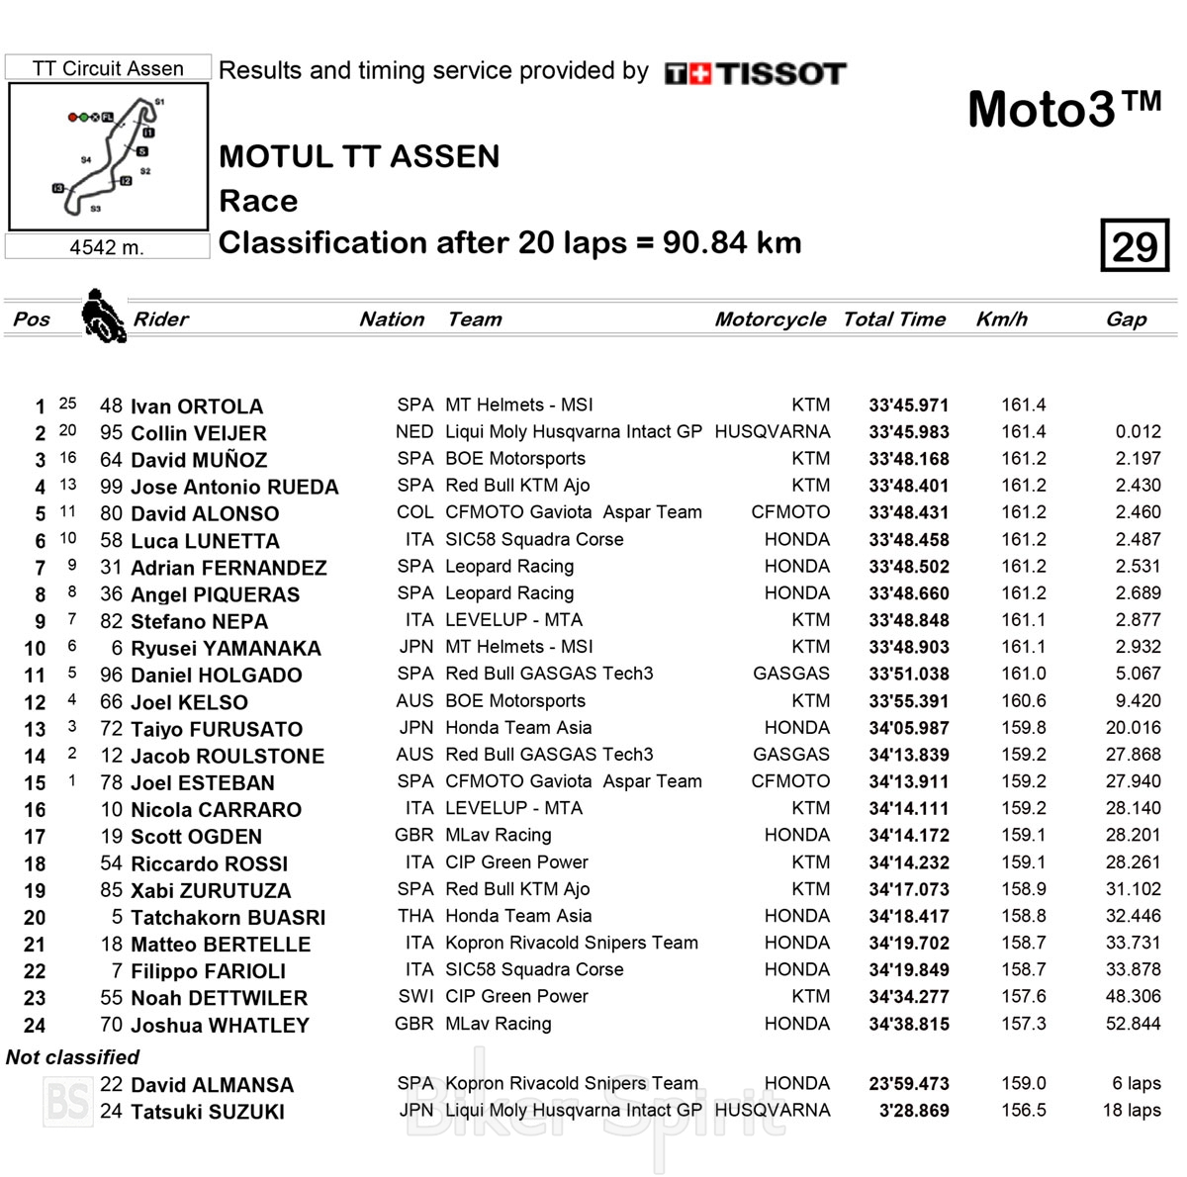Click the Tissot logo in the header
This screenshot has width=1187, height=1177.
756,73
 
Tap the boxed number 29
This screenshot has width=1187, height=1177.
1135,245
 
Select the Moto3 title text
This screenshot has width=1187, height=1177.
1063,108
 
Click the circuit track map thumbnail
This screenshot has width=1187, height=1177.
108,156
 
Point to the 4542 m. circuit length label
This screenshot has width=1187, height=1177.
107,247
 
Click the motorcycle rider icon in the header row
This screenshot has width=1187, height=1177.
103,316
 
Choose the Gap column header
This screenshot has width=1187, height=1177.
1126,319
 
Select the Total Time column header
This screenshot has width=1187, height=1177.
894,319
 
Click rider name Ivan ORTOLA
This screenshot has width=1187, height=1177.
197,407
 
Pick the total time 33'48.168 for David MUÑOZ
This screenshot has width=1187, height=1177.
908,459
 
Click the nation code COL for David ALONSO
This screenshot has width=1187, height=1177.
414,512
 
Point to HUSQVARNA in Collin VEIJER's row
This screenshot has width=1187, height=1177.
772,432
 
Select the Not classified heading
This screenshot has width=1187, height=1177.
72,1057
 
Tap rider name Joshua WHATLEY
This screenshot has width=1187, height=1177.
220,1026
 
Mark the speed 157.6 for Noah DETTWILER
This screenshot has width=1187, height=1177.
1023,997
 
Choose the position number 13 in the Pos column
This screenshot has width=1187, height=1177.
35,730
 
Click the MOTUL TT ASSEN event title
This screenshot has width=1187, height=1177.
359,156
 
